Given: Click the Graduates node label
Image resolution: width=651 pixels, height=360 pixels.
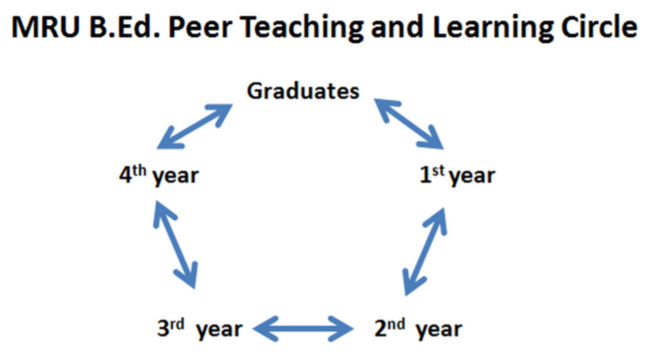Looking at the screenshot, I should (x=303, y=91).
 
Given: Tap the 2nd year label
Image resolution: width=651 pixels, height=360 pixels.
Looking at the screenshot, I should (x=416, y=329).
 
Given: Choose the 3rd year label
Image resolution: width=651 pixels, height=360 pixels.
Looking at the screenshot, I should (x=200, y=329).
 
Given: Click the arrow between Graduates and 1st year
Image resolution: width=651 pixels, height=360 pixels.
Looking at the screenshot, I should (x=408, y=122).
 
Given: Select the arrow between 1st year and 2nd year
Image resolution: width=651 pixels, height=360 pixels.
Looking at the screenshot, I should (x=424, y=253).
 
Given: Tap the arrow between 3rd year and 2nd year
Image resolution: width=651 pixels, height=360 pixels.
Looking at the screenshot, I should (x=303, y=329).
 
